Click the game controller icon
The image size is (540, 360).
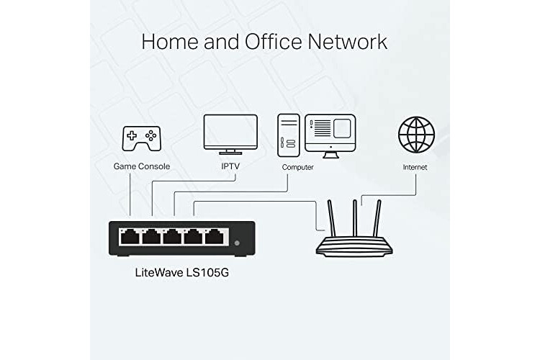click(x=141, y=137)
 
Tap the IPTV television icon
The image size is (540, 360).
click(x=230, y=134)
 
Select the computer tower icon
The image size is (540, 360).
click(x=287, y=135)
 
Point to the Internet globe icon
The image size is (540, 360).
click(x=416, y=135)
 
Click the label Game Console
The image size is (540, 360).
click(x=142, y=167)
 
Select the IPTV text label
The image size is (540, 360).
click(x=230, y=167)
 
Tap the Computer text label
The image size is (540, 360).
click(x=297, y=167)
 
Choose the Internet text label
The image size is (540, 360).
click(x=415, y=167)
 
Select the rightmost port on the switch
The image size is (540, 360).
click(x=215, y=236)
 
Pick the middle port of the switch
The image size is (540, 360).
click(x=173, y=236)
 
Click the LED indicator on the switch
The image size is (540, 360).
click(x=238, y=243)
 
